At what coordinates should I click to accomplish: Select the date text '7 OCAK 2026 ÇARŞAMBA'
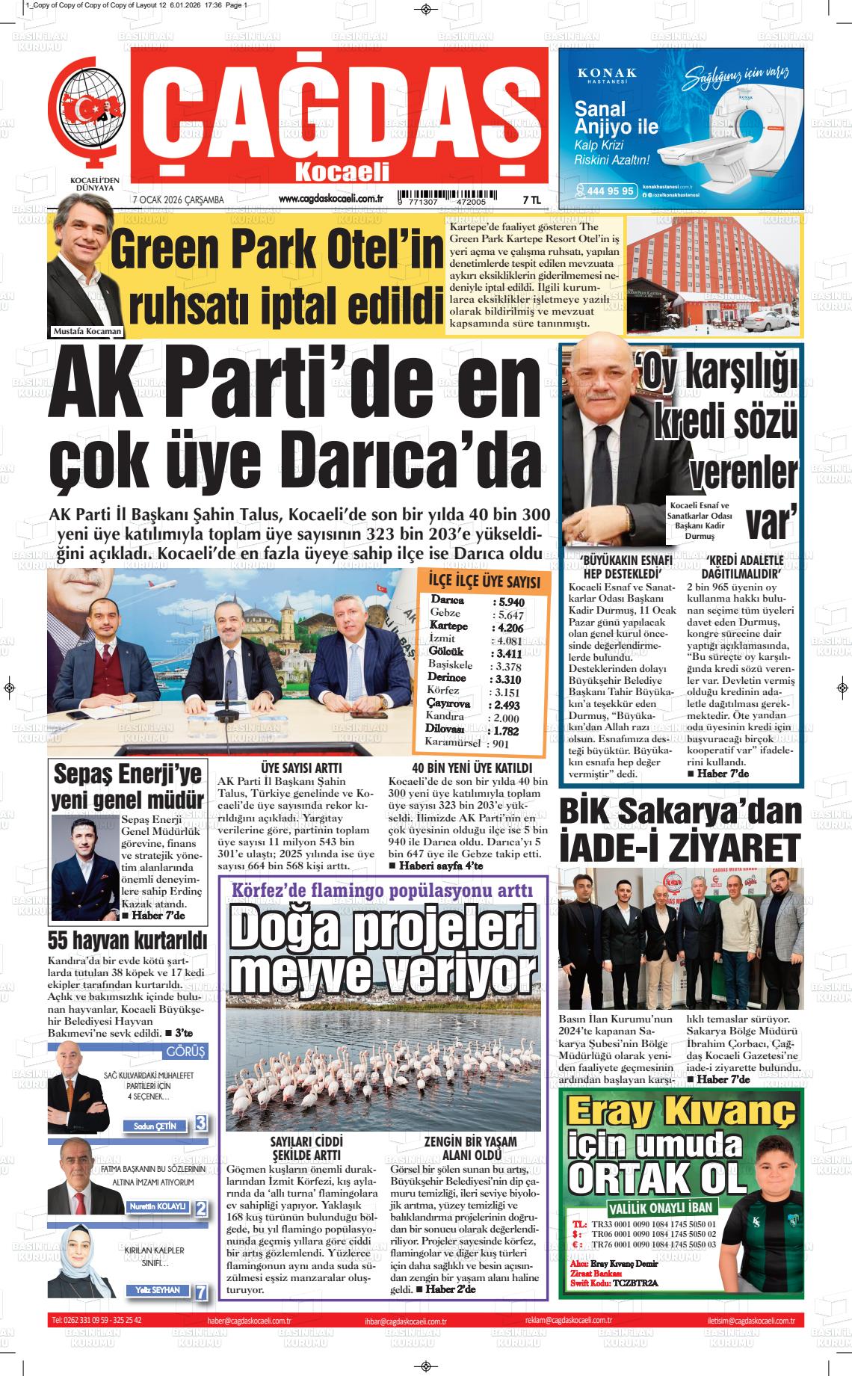tap(178, 200)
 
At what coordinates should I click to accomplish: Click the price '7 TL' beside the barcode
tap(531, 200)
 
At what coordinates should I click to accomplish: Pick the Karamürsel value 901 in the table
tap(500, 744)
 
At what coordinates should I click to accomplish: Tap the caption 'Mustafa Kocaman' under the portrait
tap(87, 331)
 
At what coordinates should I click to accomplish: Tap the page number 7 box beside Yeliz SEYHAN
tap(201, 1291)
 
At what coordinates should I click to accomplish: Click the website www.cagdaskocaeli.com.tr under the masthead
tap(330, 199)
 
